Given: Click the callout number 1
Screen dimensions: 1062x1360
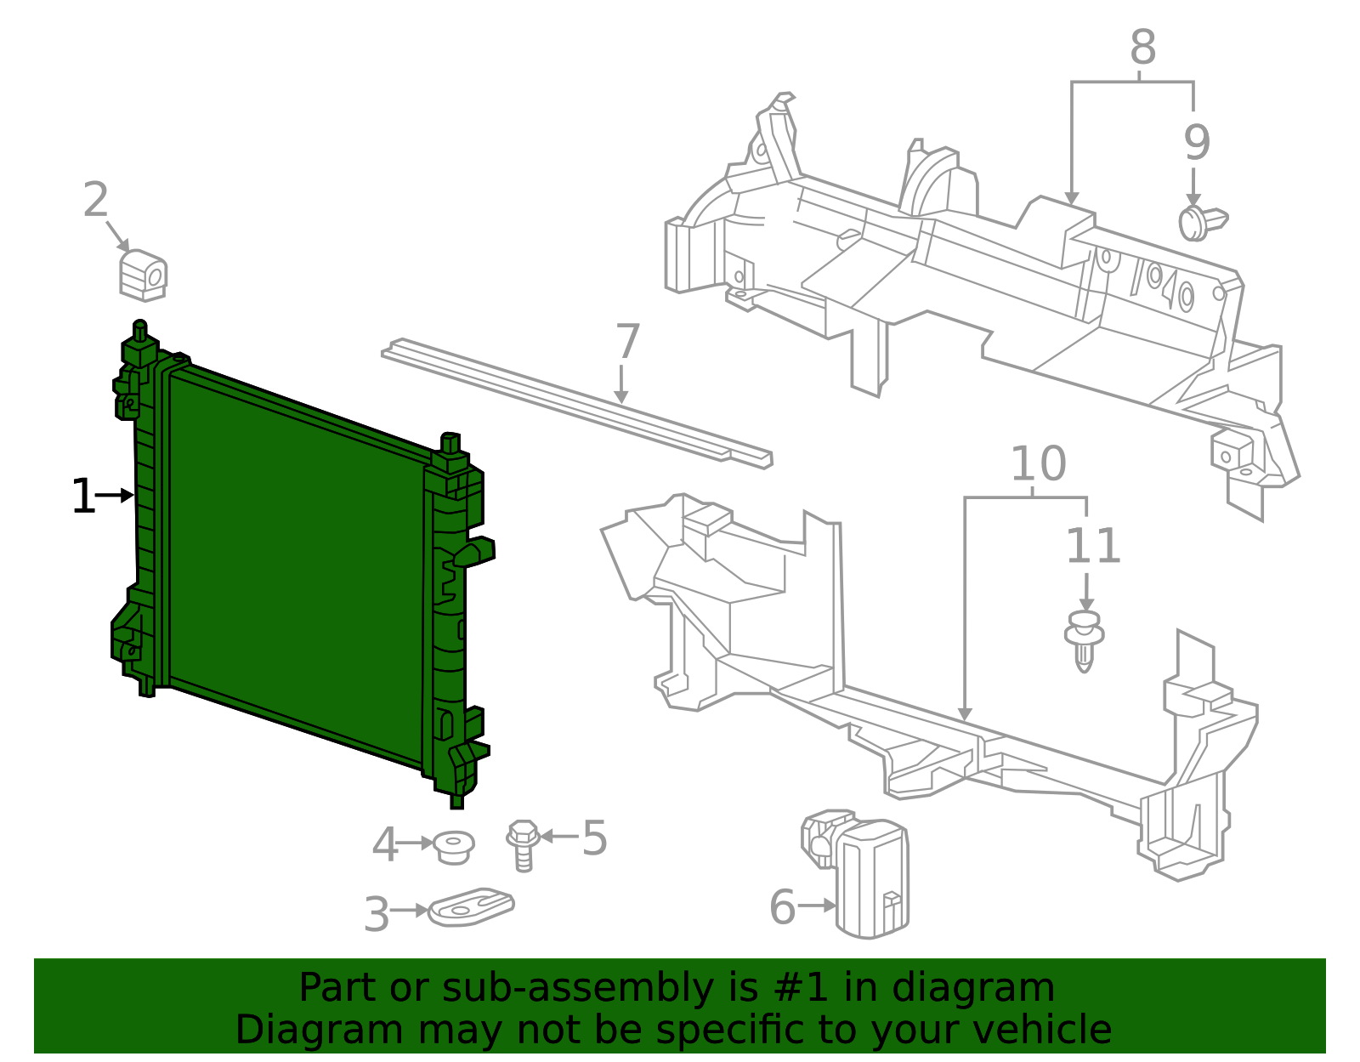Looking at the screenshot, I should click(82, 497).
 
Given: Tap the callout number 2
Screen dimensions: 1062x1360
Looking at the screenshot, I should click(95, 201).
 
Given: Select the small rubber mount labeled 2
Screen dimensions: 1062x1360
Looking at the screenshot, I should click(143, 275).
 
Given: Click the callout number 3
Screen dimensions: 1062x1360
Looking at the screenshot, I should click(377, 915).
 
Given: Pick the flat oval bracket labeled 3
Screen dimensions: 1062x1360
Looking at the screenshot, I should click(472, 908).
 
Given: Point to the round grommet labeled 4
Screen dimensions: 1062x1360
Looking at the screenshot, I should click(453, 847).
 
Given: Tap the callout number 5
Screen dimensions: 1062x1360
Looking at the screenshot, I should click(594, 838).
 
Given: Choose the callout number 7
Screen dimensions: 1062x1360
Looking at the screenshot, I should click(626, 342).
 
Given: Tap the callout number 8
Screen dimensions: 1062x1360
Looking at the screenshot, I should click(1142, 48).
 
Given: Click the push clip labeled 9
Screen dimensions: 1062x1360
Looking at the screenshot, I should click(1201, 222).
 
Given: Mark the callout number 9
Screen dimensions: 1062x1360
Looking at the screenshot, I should click(1196, 143).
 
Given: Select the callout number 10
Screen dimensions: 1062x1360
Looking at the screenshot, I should click(1038, 464).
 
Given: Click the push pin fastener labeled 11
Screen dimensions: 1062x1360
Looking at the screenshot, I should click(1084, 639).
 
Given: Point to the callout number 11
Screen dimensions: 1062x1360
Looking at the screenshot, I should click(1093, 546).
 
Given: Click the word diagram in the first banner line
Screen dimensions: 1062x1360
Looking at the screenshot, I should click(990, 988).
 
